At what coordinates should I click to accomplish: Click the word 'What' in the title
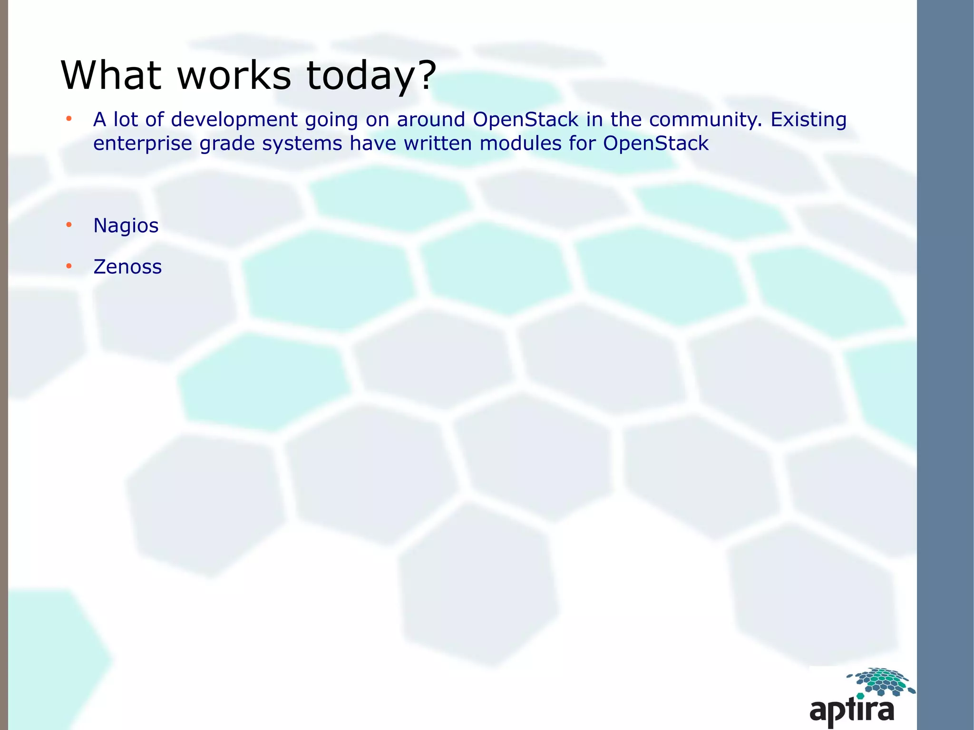111,75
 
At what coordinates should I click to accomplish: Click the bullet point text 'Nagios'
126,225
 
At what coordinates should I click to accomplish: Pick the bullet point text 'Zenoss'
127,267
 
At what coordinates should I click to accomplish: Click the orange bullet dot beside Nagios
69,224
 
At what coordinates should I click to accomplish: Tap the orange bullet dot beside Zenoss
69,266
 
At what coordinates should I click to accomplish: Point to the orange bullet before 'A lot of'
69,118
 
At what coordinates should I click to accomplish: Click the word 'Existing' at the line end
808,120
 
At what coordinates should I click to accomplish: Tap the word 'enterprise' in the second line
143,144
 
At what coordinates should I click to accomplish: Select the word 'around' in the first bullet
431,119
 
